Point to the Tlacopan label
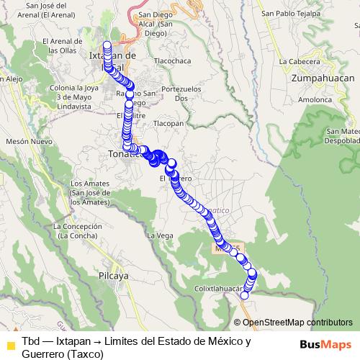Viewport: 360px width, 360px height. coord(169,123)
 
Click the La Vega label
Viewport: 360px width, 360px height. coord(160,235)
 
